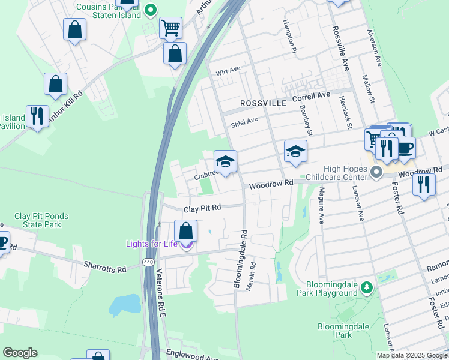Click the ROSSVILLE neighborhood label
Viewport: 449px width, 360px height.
point(263,103)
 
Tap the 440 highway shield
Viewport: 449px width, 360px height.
point(148,262)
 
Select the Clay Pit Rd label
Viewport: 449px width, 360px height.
point(203,208)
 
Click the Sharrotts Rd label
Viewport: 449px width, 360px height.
point(105,266)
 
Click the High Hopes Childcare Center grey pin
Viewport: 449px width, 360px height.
point(376,173)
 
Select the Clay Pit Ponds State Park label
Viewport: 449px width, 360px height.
point(41,220)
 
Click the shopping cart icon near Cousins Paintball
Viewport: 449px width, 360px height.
point(170,26)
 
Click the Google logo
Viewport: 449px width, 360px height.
point(20,353)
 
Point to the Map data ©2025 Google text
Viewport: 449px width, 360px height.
point(412,355)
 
